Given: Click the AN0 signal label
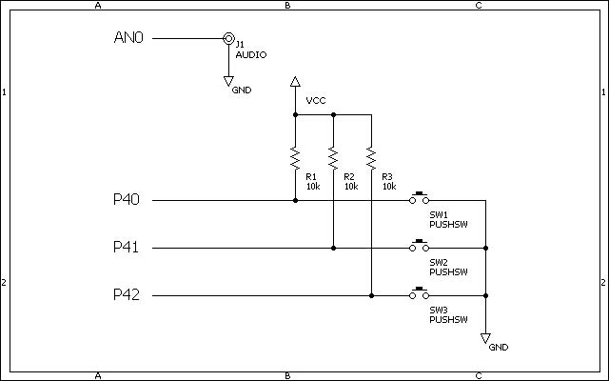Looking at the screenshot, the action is (x=128, y=38).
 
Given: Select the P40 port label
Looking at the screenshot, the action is (x=127, y=199).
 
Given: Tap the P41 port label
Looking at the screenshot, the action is (x=126, y=247).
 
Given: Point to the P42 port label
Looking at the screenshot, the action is (x=127, y=294).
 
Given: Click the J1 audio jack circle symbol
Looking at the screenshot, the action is (x=228, y=38).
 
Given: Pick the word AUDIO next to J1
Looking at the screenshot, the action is (x=251, y=55).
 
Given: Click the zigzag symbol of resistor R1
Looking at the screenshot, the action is (x=295, y=158).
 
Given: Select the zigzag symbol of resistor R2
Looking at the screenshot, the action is (x=333, y=158).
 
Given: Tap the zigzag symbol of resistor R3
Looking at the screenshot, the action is (x=371, y=158).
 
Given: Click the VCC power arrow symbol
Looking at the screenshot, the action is (x=295, y=81).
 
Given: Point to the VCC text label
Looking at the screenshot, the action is (x=316, y=101).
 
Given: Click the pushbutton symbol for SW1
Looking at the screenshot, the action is (x=419, y=197).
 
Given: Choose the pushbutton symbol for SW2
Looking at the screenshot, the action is (x=419, y=246).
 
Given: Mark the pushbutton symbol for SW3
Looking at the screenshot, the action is (x=419, y=293).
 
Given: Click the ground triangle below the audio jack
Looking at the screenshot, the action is (x=228, y=81).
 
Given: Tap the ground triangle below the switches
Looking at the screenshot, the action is (x=485, y=338).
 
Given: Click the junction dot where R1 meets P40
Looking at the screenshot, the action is (x=295, y=201).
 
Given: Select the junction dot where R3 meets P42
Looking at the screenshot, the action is (x=371, y=296).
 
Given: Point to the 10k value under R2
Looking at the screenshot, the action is (x=351, y=187).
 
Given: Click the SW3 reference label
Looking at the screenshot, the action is (x=439, y=310).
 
